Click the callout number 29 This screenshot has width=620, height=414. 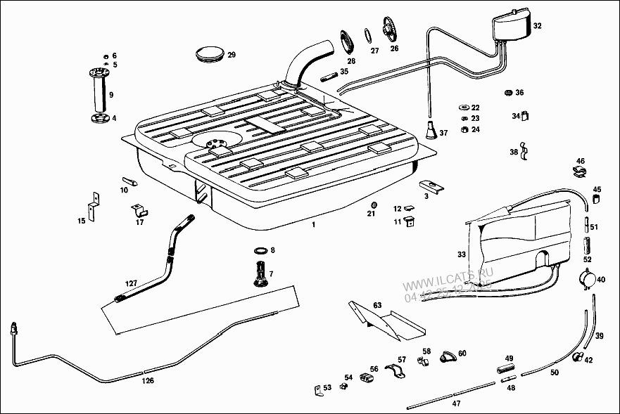point(232,55)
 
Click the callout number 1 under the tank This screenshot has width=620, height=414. point(314,225)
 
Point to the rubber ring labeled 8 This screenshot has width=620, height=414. point(259,251)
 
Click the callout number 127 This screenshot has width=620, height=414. point(132,283)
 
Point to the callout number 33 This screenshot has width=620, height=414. point(462,254)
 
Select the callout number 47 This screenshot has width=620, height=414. point(456,403)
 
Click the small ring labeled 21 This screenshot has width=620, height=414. point(373,205)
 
